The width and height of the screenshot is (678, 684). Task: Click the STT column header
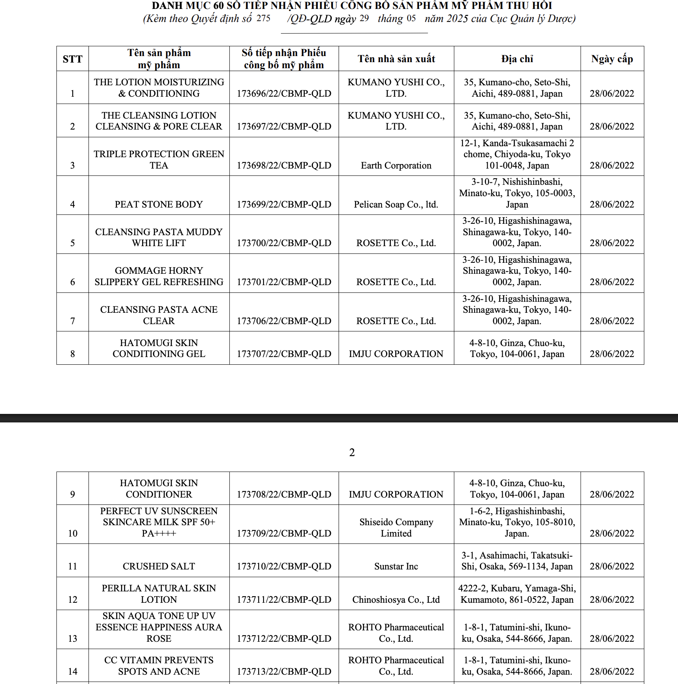(72, 59)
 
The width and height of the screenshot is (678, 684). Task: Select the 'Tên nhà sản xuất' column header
(396, 59)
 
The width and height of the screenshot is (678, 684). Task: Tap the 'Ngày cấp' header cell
(612, 59)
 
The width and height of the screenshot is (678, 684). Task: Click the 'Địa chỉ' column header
(517, 59)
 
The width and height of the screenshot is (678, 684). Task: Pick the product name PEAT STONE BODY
(159, 204)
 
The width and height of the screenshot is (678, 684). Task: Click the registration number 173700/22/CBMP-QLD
(284, 243)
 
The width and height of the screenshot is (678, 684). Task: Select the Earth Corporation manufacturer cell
(396, 165)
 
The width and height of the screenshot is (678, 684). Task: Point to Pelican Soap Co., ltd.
(396, 204)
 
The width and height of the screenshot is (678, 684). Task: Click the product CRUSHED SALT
(159, 566)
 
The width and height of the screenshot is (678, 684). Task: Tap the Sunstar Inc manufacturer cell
(396, 566)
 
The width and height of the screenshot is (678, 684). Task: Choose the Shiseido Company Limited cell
(396, 528)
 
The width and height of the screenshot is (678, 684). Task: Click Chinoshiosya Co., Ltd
(396, 600)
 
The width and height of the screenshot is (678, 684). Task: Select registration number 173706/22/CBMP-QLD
(284, 321)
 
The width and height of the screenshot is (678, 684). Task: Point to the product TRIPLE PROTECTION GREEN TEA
(159, 160)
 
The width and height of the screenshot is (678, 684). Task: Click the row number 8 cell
(72, 354)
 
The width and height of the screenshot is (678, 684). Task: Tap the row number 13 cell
(72, 639)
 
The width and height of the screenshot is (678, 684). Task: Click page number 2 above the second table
(352, 452)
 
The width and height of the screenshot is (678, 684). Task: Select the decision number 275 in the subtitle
(263, 18)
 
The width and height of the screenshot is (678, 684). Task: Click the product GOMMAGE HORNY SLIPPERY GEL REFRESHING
(159, 276)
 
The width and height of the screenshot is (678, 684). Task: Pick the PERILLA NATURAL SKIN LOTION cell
(159, 594)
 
